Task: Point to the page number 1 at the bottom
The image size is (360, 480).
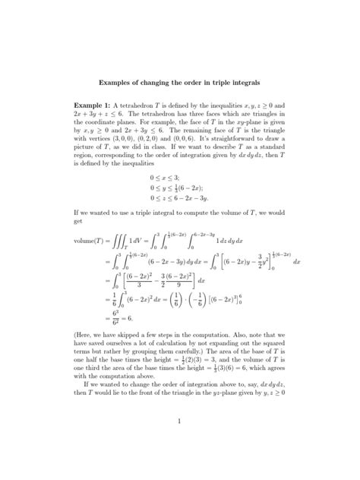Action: pos(180,463)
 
